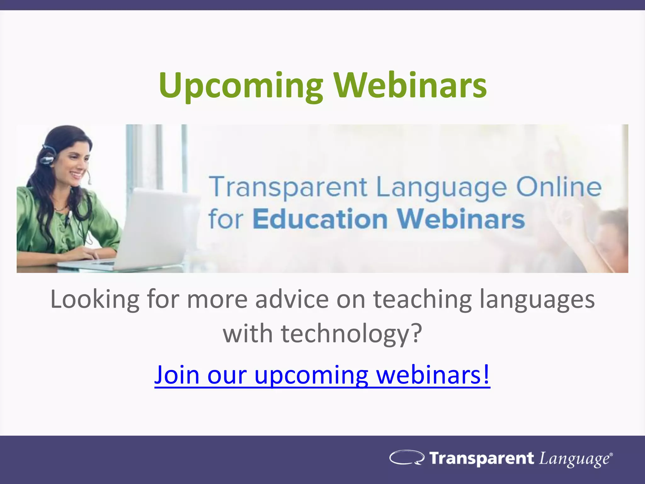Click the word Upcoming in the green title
[x=241, y=86]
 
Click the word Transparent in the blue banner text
[x=288, y=187]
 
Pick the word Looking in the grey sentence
[x=95, y=299]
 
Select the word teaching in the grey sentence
[x=422, y=299]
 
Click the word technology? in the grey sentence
[x=351, y=334]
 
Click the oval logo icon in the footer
[x=407, y=458]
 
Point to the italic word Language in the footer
[x=574, y=459]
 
